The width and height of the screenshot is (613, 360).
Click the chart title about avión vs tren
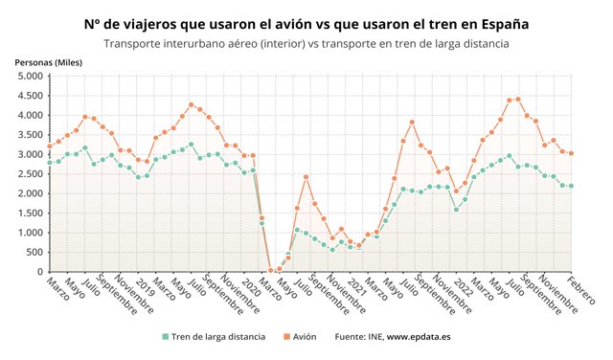tap(306, 20)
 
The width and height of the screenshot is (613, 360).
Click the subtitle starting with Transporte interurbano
tap(306, 43)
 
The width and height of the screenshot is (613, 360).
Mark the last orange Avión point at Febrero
tap(571, 153)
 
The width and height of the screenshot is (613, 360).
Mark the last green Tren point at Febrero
tap(571, 186)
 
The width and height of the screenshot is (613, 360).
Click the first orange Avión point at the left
tap(49, 146)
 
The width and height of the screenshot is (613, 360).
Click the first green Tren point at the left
tap(49, 163)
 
